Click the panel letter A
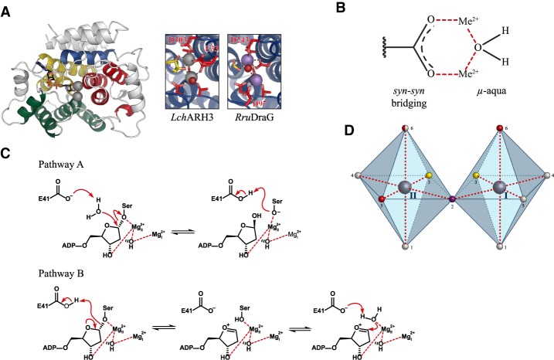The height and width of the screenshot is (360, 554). point(7,9)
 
